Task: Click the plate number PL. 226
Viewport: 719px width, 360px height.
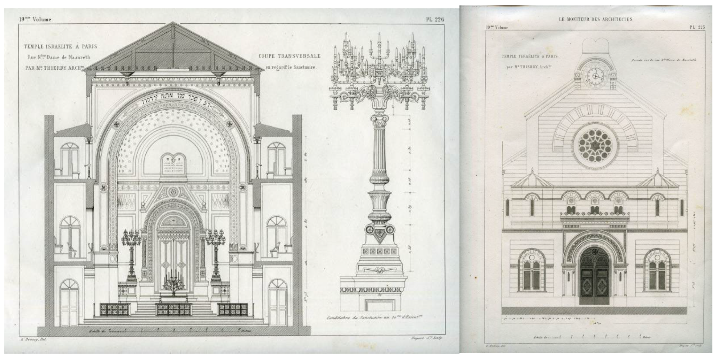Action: point(435,20)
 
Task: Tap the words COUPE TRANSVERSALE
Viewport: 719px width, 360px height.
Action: point(289,56)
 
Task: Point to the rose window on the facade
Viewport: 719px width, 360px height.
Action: point(595,145)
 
